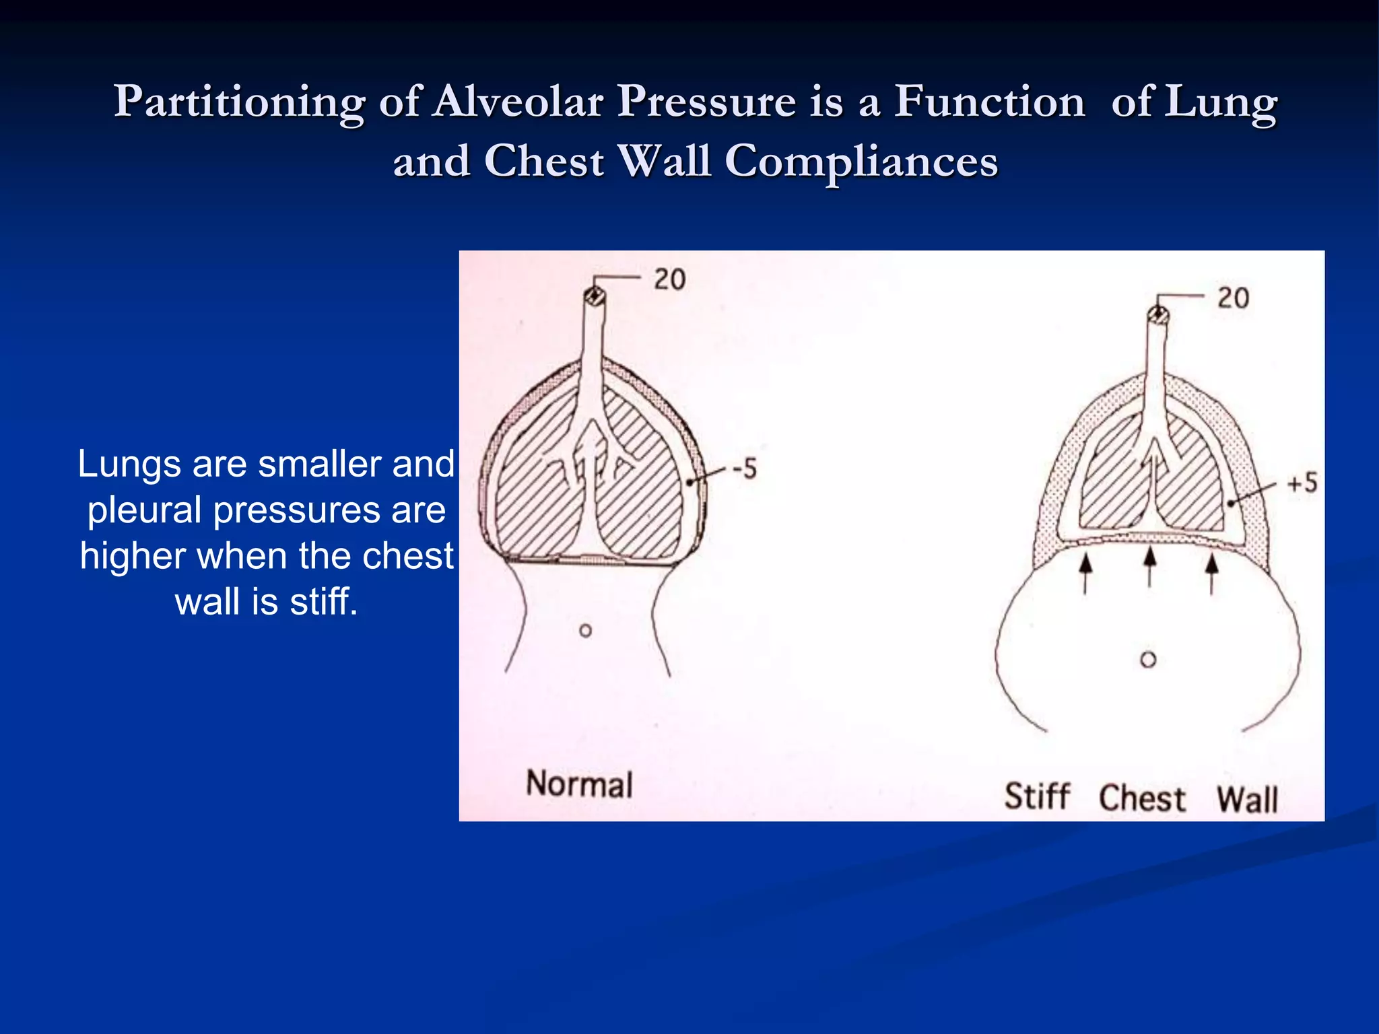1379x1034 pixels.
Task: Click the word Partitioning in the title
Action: pos(239,102)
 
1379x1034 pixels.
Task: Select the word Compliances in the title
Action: pos(861,162)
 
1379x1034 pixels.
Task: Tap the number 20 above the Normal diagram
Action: pos(669,279)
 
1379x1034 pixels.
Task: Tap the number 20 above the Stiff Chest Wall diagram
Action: pos(1233,298)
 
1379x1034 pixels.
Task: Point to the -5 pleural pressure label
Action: pos(745,469)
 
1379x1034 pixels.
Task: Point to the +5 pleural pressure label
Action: pos(1302,483)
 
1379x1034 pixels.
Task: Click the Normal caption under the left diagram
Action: pos(579,784)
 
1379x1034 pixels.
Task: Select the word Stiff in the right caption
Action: pos(1037,796)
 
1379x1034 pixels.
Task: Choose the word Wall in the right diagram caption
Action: pos(1247,800)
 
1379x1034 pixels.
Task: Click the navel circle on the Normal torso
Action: pos(586,631)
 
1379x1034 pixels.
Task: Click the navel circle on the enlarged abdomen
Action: pos(1148,660)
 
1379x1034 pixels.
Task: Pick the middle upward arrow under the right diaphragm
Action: pos(1150,566)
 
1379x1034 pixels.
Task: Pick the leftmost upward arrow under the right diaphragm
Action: pos(1085,573)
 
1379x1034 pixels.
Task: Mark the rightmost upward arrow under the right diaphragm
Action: pos(1211,573)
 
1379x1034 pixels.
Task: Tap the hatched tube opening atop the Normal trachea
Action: pos(595,296)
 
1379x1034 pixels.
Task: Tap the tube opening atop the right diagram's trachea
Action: pos(1158,314)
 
